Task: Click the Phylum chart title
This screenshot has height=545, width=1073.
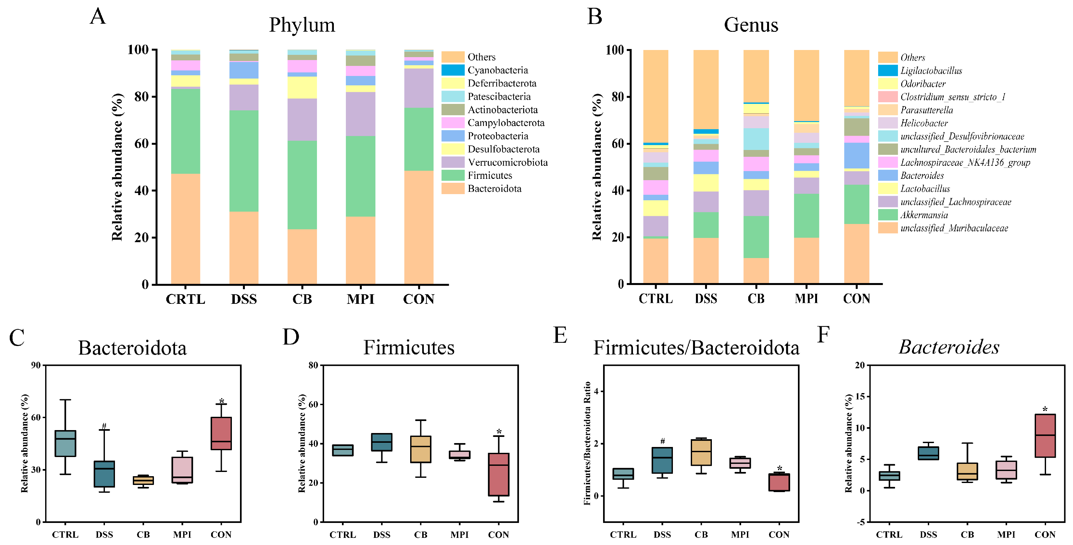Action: (x=302, y=25)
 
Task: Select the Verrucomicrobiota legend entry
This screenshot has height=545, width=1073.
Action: (x=507, y=162)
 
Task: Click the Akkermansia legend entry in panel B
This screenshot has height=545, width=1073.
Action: (x=924, y=215)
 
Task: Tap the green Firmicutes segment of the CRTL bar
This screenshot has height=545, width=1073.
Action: (x=185, y=131)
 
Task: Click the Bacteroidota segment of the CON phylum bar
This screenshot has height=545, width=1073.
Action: (x=419, y=227)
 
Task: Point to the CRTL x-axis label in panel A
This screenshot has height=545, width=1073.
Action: (x=185, y=299)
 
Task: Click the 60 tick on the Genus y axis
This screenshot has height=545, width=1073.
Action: (x=618, y=144)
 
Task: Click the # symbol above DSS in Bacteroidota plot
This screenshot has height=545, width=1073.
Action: (x=104, y=426)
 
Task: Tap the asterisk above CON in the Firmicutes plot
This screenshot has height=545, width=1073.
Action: (x=499, y=432)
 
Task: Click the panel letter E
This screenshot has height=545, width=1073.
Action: (x=560, y=335)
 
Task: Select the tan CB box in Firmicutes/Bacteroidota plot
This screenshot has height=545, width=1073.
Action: (x=701, y=452)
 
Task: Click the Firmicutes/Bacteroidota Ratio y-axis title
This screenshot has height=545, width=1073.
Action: (x=587, y=443)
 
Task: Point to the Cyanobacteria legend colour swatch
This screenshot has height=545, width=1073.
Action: (x=453, y=70)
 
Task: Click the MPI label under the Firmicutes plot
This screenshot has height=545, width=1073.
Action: (x=460, y=535)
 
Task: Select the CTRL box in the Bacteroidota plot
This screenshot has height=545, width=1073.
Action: (x=65, y=443)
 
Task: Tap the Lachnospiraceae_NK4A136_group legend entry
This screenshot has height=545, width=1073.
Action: (x=965, y=162)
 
